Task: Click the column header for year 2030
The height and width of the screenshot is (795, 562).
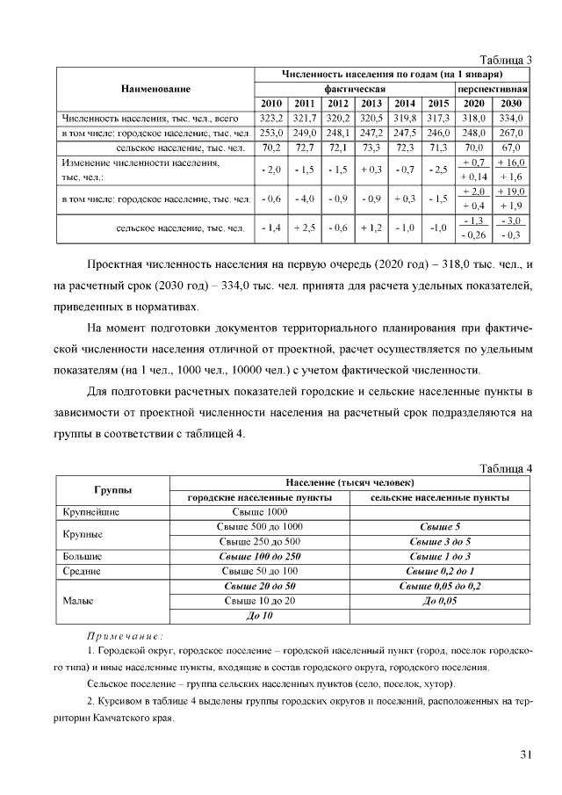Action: pyautogui.click(x=510, y=103)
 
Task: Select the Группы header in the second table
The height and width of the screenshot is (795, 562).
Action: pyautogui.click(x=113, y=489)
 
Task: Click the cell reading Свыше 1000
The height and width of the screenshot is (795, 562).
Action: pyautogui.click(x=259, y=511)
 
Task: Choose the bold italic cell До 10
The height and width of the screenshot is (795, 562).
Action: pyautogui.click(x=259, y=616)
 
